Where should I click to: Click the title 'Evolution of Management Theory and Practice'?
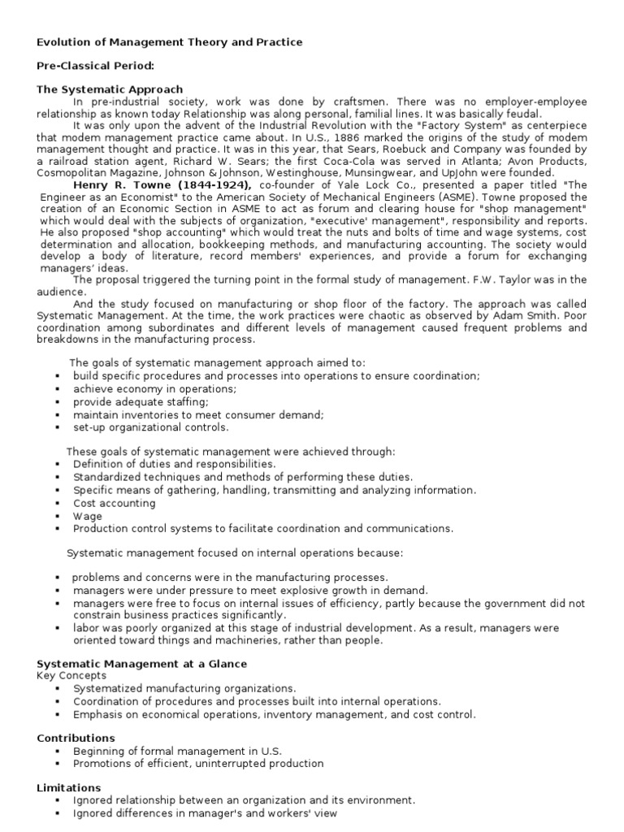click(x=170, y=41)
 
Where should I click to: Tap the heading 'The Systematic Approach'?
click(x=110, y=89)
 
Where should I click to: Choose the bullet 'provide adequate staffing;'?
click(x=141, y=401)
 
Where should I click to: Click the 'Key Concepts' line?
click(x=71, y=675)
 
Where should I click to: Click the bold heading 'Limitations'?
click(x=69, y=788)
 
